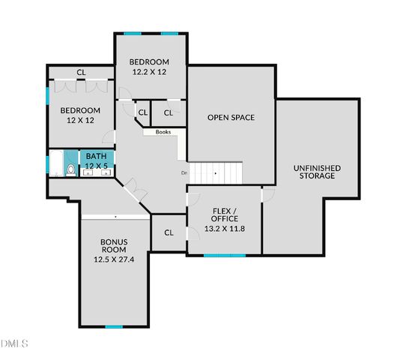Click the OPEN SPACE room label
click(x=231, y=118)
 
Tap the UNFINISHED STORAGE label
click(x=318, y=172)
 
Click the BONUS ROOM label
click(x=115, y=246)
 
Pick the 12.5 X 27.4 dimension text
click(x=114, y=259)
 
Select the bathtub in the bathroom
click(x=56, y=164)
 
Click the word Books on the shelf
click(x=163, y=133)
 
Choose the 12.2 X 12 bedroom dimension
click(x=149, y=72)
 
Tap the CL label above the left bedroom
click(x=80, y=73)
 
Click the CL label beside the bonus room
click(x=169, y=232)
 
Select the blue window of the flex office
click(x=225, y=255)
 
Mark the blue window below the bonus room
click(x=114, y=326)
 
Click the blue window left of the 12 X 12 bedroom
click(x=48, y=97)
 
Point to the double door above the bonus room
click(x=135, y=188)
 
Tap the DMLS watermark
click(x=15, y=343)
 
